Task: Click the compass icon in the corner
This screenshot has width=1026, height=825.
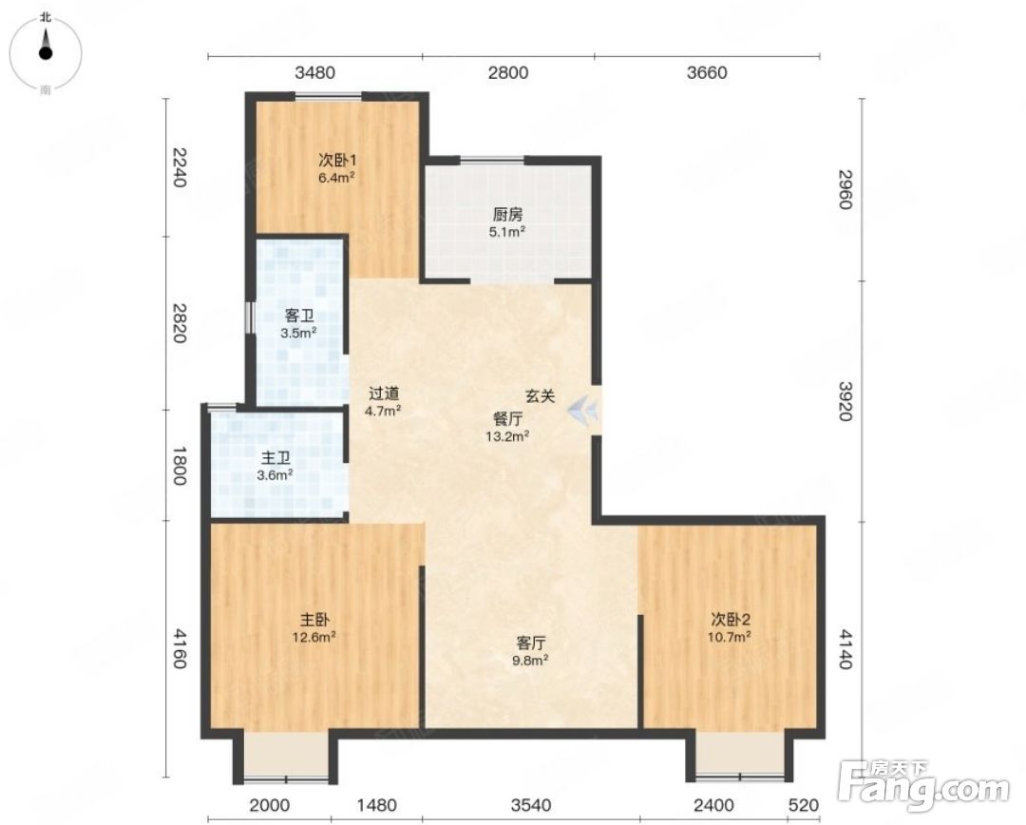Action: point(46,53)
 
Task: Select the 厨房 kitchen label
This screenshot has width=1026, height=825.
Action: point(507,215)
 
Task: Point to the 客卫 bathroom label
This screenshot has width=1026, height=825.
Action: point(299,317)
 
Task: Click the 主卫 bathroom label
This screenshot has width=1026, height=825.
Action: point(275,458)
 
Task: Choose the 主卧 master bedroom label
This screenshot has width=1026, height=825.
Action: point(314,620)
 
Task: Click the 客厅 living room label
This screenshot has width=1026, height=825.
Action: point(531,643)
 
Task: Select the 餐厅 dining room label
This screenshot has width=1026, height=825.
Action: point(507,419)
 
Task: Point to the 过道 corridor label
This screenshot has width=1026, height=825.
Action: point(384,393)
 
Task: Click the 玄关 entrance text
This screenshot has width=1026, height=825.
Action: point(541,396)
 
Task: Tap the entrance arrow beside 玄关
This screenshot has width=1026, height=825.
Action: point(582,411)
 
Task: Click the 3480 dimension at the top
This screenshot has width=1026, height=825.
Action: point(314,72)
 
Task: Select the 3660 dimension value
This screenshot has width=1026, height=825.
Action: point(707,72)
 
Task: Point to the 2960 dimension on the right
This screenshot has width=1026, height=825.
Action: point(845,189)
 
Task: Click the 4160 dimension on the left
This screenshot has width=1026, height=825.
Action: point(180,648)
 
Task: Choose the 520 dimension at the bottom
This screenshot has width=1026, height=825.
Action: point(804,805)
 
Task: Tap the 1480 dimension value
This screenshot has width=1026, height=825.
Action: point(377,805)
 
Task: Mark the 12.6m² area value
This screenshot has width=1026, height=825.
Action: point(314,637)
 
